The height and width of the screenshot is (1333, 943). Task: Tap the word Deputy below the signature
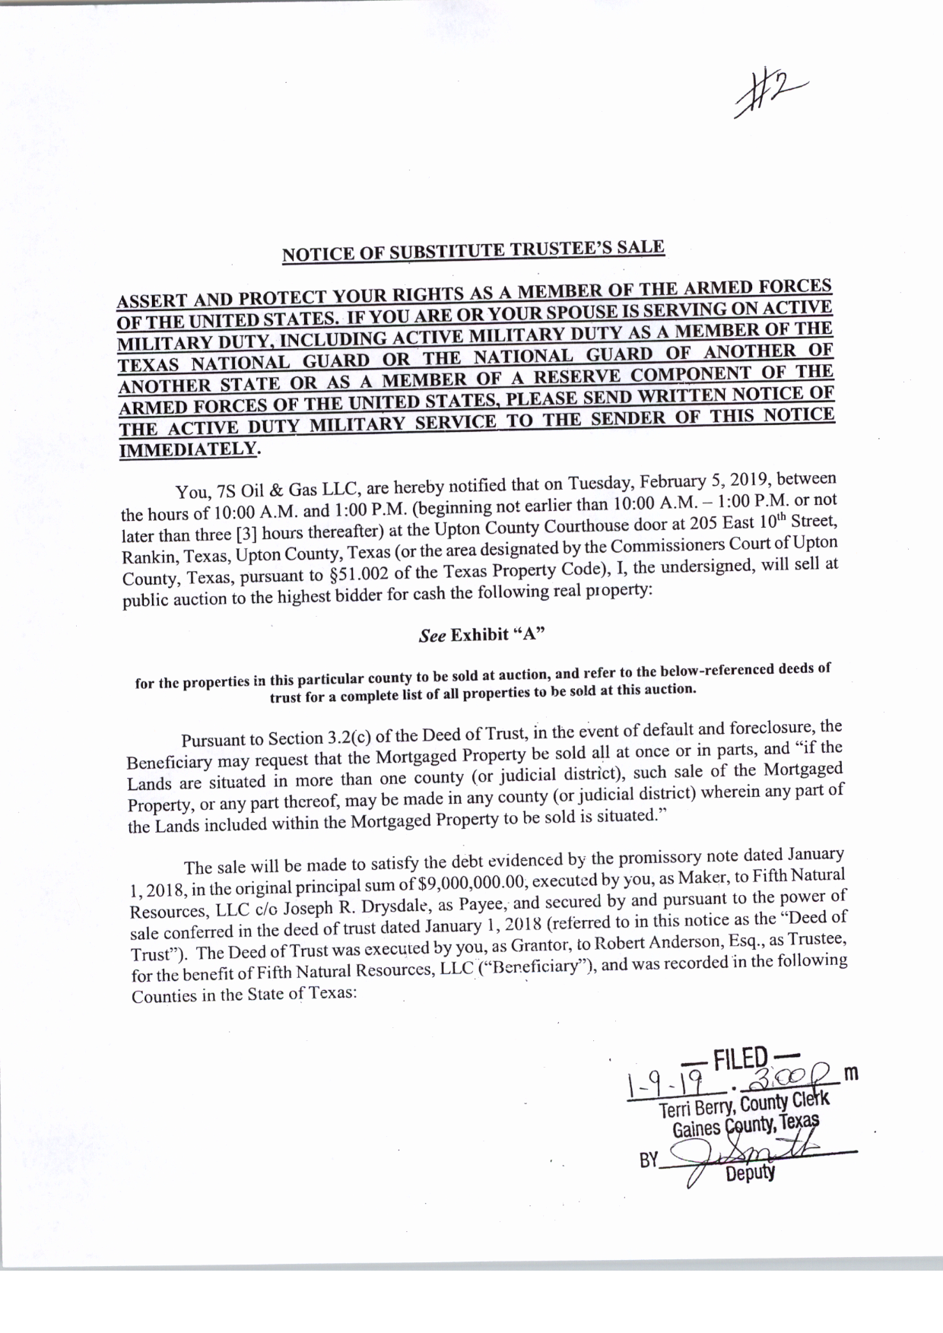pyautogui.click(x=749, y=1173)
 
